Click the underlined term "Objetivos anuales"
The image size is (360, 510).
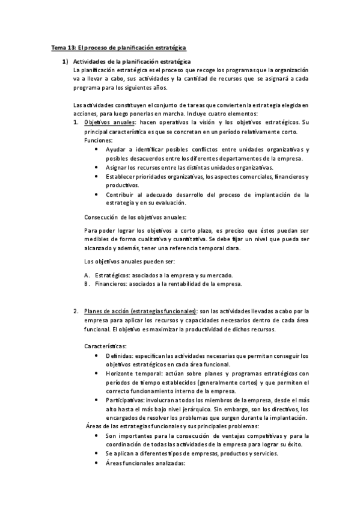click(109, 122)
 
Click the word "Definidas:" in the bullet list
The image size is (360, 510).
click(119, 355)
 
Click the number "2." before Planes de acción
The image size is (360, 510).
click(76, 311)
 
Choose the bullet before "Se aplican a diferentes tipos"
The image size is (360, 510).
click(98, 454)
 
